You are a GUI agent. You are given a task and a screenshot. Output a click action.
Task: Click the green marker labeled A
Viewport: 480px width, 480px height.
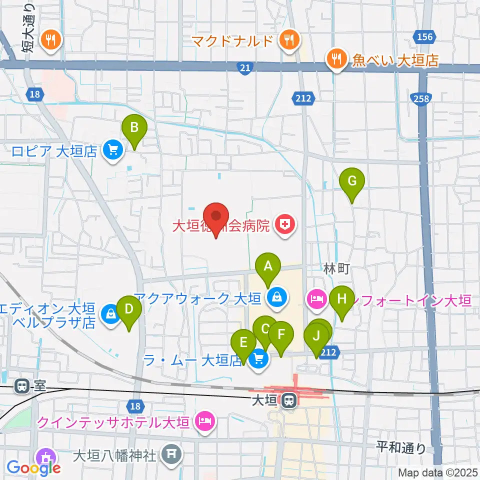point(268,266)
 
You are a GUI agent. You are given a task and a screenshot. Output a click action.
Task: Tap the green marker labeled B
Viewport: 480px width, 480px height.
point(134,127)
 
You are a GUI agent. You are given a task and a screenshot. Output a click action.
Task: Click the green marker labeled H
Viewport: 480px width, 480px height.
point(342,299)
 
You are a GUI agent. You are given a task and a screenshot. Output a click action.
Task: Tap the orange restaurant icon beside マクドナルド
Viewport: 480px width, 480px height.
point(288,40)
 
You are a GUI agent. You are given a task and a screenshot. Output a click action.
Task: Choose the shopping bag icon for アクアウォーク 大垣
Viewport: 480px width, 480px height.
point(275,298)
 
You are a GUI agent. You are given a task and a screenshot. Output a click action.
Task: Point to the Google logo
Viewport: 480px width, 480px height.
point(33,467)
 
